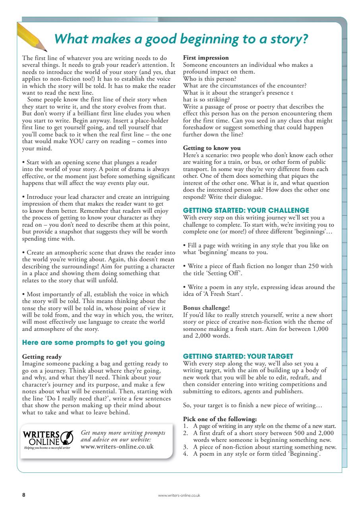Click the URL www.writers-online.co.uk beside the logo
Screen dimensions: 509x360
click(x=117, y=446)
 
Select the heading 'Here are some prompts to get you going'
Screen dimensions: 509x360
click(x=93, y=342)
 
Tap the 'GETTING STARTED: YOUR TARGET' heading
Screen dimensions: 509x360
click(x=238, y=356)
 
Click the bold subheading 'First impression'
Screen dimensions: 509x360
click(x=205, y=58)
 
